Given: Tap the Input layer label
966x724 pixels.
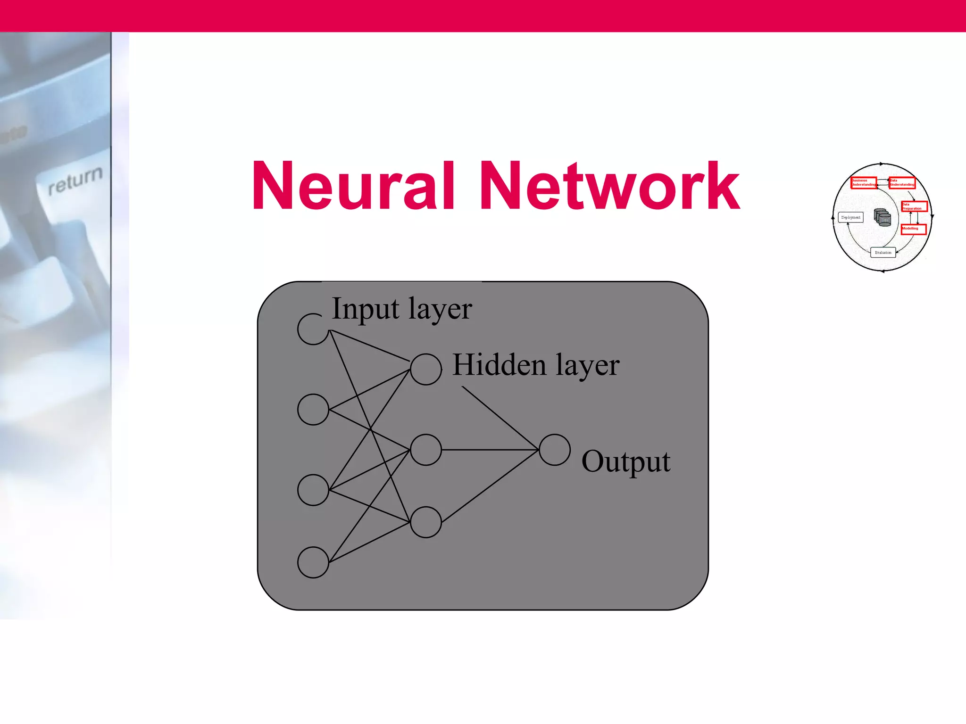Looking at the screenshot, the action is tap(401, 309).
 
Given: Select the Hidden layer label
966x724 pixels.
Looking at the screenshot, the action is tap(536, 365).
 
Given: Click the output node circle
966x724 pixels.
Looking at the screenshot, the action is tap(554, 450).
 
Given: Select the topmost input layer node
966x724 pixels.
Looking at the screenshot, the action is tap(313, 329).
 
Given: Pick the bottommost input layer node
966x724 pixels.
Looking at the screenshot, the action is tap(313, 562).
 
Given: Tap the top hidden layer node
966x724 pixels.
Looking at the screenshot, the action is tap(425, 369).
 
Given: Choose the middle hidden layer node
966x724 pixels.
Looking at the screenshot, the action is tap(425, 450).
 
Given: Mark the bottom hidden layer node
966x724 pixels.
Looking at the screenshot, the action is tap(425, 522).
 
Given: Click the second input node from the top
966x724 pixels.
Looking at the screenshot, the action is tap(313, 409).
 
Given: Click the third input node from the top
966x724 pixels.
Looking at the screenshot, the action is tap(313, 490).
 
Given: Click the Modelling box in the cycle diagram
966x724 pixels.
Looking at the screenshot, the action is tap(914, 229).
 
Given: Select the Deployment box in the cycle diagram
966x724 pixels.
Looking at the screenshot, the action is tap(851, 217).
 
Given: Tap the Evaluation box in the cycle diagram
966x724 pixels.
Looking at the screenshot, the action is tap(883, 253).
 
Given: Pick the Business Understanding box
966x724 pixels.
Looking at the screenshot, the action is tap(864, 182).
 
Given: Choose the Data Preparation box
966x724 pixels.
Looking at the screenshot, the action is tap(914, 206).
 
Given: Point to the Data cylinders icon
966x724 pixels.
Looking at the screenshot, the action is tap(883, 217).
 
